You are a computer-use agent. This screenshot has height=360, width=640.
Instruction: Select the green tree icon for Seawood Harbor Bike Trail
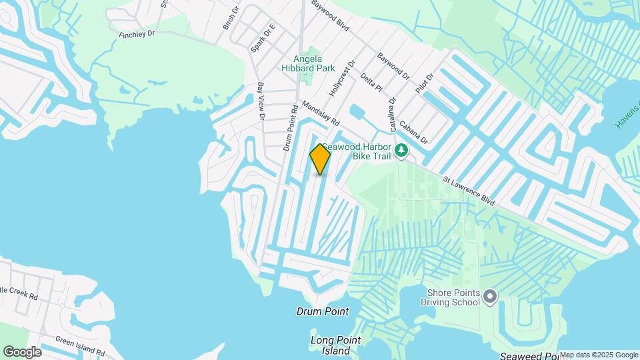pyautogui.click(x=401, y=151)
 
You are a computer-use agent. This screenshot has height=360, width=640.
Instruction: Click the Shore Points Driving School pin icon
pyautogui.click(x=491, y=295)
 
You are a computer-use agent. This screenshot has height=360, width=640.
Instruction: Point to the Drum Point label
pyautogui.click(x=323, y=311)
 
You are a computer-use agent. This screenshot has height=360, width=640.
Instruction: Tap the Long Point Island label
pyautogui.click(x=335, y=345)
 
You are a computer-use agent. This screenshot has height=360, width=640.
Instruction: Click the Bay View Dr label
pyautogui.click(x=261, y=102)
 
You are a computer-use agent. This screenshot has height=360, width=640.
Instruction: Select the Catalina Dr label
pyautogui.click(x=393, y=114)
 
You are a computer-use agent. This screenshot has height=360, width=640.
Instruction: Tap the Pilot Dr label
pyautogui.click(x=425, y=85)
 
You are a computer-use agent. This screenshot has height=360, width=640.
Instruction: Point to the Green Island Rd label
pyautogui.click(x=79, y=344)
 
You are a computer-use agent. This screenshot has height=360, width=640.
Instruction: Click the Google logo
pyautogui.click(x=22, y=351)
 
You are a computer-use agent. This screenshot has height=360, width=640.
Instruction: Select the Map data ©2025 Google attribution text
pyautogui.click(x=598, y=355)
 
